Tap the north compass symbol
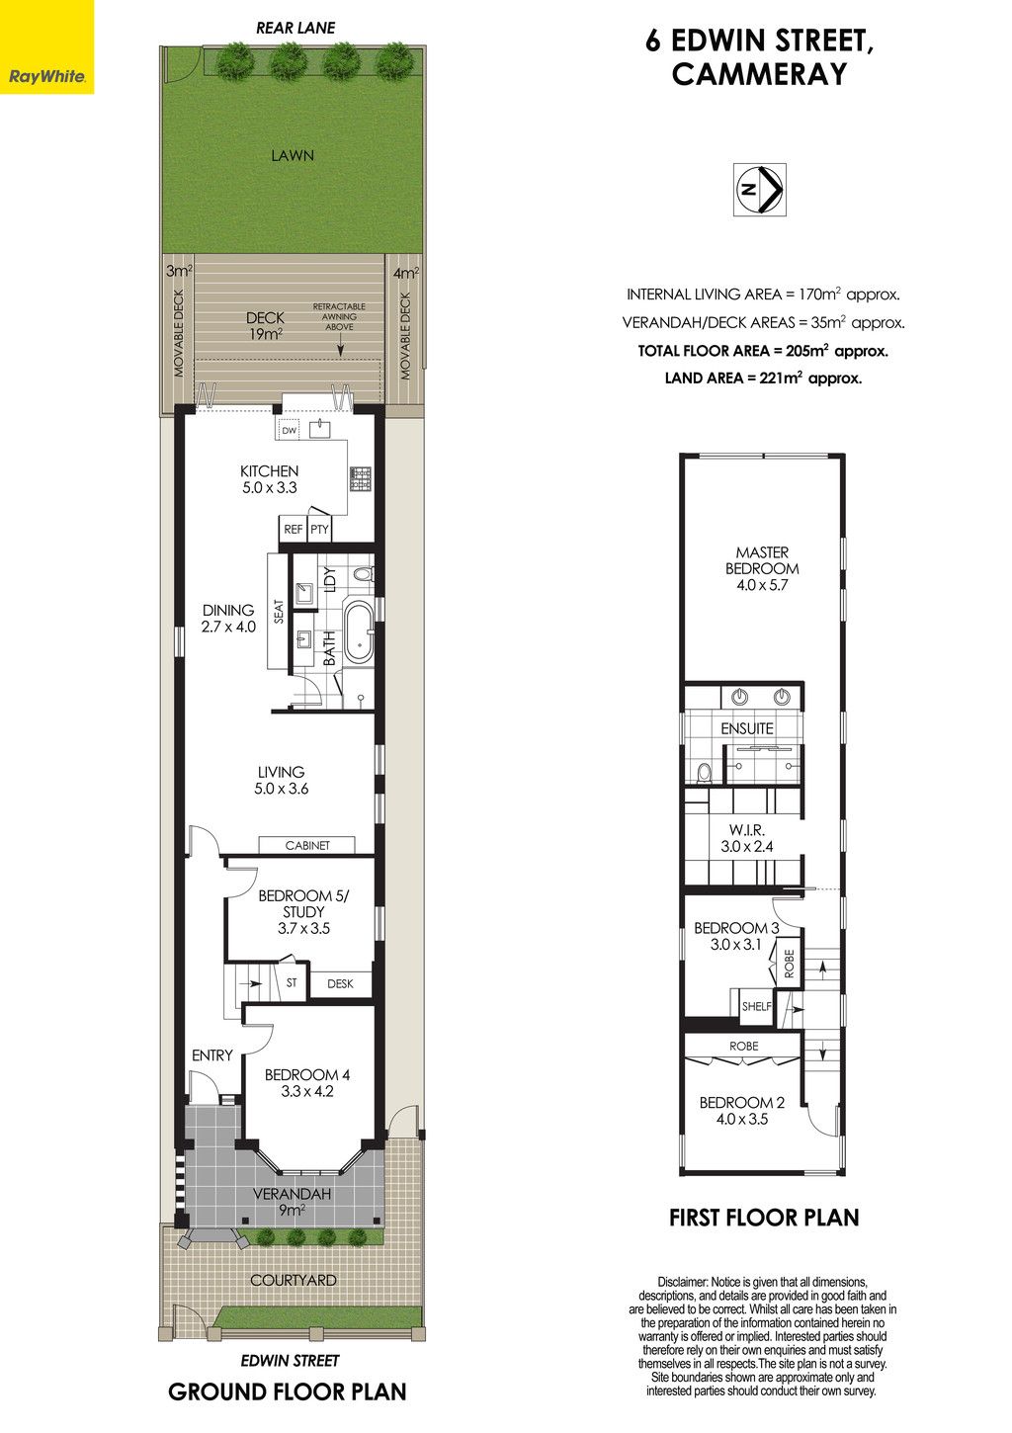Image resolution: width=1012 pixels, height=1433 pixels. pos(759,190)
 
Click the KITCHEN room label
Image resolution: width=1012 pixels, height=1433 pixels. pos(270,471)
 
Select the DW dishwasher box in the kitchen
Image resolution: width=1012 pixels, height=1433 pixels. pos(290,431)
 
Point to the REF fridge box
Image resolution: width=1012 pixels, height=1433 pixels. pos(293,529)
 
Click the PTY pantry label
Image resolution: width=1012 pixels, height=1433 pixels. pos(319,529)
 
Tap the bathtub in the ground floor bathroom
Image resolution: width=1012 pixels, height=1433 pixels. pos(359,631)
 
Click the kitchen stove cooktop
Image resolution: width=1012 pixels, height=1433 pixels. pos(360,479)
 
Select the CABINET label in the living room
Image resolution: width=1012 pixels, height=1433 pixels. pos(307,845)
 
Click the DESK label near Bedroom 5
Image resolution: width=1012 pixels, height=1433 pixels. pos(340,983)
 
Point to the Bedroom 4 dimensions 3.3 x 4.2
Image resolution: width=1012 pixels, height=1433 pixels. pos(307,1091)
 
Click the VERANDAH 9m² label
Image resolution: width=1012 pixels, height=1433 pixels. pos(292,1202)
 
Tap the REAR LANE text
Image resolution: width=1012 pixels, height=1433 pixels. pos(295,28)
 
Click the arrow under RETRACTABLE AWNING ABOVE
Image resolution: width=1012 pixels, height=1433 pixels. pos(340,345)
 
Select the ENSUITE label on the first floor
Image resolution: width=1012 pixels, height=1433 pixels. pos(747,728)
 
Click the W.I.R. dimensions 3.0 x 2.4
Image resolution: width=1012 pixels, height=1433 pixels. pos(747,846)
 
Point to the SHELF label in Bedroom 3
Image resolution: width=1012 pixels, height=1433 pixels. pos(757,1006)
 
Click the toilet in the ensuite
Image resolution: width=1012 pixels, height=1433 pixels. pos(704,772)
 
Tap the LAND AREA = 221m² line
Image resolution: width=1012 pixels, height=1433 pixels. pos(763,379)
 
